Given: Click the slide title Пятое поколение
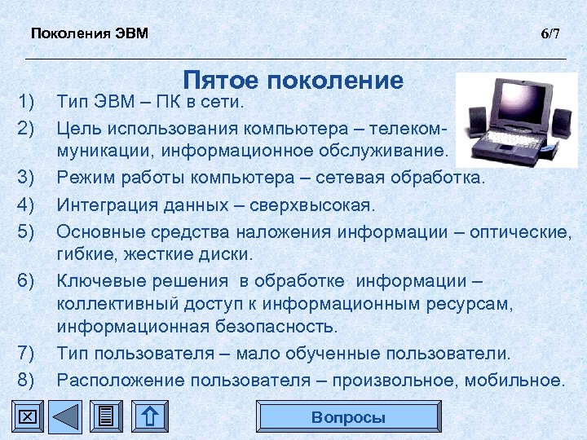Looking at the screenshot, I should [x=293, y=80].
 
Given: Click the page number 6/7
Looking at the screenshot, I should [x=550, y=33].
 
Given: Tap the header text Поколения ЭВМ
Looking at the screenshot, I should [x=90, y=33].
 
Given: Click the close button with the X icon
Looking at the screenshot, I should [x=27, y=417].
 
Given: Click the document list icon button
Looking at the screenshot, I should [x=106, y=417].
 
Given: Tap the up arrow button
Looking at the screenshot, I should [x=149, y=417].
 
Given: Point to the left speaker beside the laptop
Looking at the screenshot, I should [x=474, y=123].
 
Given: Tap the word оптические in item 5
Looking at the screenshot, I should [x=524, y=231].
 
